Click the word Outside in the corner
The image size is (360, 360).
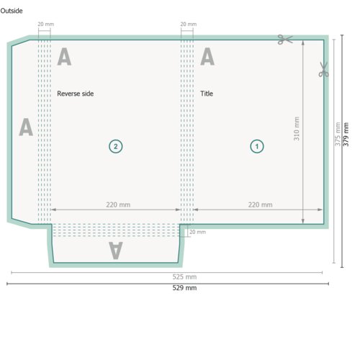(x=12, y=11)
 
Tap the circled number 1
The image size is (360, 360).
(x=257, y=146)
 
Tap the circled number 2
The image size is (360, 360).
(x=116, y=146)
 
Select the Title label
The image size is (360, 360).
(x=207, y=94)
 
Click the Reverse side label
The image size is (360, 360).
(x=76, y=94)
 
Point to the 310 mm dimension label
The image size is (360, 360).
(x=297, y=129)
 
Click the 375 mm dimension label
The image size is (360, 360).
(x=338, y=134)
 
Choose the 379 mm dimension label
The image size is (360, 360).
(x=346, y=134)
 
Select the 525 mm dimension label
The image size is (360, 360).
(x=184, y=277)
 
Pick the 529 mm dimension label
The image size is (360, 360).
(x=184, y=288)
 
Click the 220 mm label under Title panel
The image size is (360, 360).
(x=260, y=204)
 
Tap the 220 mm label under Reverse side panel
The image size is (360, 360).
(x=118, y=204)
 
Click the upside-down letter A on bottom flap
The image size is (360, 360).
(x=116, y=251)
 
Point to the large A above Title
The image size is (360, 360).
(x=207, y=56)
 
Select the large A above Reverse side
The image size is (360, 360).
(x=64, y=56)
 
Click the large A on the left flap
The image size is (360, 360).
(x=26, y=127)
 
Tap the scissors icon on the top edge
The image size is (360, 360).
(x=285, y=40)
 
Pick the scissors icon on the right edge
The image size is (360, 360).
(x=323, y=70)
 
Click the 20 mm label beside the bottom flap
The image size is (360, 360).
(x=197, y=232)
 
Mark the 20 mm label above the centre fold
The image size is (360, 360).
(x=189, y=24)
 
